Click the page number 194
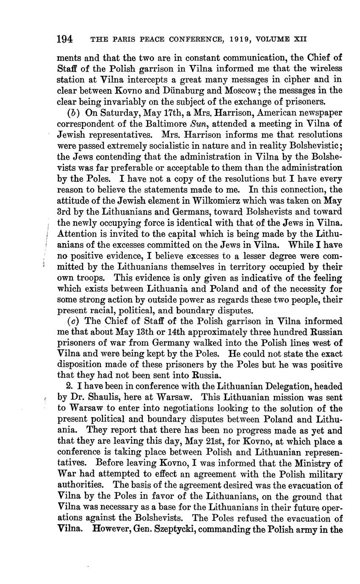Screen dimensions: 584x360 pos(65,39)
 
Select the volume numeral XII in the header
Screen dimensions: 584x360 pos(299,39)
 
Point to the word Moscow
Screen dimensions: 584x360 pos(247,90)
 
